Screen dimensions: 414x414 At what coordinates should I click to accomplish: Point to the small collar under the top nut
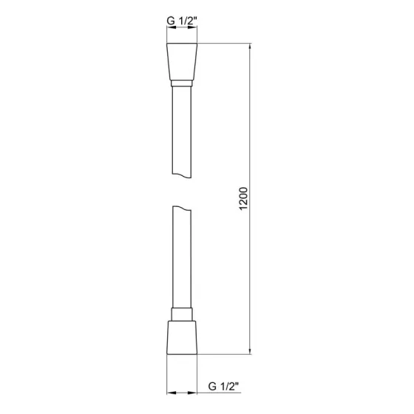pos(181,86)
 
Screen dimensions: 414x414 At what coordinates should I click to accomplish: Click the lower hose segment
pos(181,259)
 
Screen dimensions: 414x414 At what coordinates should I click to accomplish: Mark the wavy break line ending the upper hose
pos(181,175)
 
